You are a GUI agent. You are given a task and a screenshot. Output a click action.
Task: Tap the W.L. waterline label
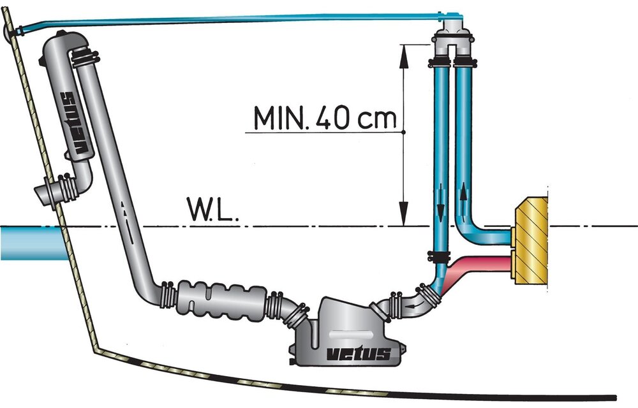(212, 209)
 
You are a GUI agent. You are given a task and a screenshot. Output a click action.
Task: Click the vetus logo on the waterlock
(359, 354)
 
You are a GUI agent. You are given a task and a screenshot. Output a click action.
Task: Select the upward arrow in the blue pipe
(463, 199)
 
